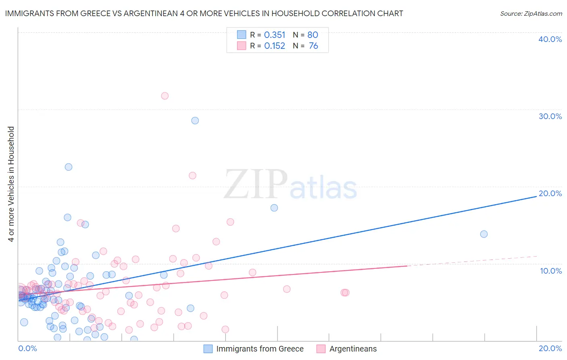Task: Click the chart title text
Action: pos(204,13)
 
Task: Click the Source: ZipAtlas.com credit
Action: pos(531,13)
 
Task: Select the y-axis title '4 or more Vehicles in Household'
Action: pos(11,184)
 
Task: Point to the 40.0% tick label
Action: pos(550,39)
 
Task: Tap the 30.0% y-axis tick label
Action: pos(550,116)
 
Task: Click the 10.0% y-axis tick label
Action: pos(550,271)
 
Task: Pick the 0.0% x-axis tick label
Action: pos(27,348)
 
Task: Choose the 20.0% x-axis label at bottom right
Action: pos(550,348)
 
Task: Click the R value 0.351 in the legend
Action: pos(275,35)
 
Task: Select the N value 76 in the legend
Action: pos(313,46)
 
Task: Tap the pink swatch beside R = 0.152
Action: pos(241,46)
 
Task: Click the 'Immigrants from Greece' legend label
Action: pos(260,349)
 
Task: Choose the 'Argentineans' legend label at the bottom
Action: pos(353,349)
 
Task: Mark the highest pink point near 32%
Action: pos(165,96)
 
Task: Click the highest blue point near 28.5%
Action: pos(195,121)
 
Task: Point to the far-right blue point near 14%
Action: pos(484,234)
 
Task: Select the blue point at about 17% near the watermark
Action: pos(274,208)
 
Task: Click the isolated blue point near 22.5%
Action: pos(69,167)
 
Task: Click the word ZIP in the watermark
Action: pos(256,185)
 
